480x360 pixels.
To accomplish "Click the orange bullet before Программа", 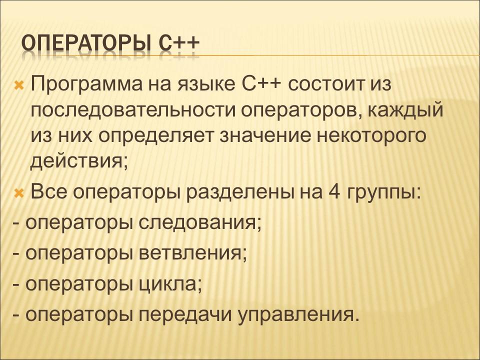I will (18, 84).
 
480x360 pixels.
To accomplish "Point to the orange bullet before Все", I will (18, 192).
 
